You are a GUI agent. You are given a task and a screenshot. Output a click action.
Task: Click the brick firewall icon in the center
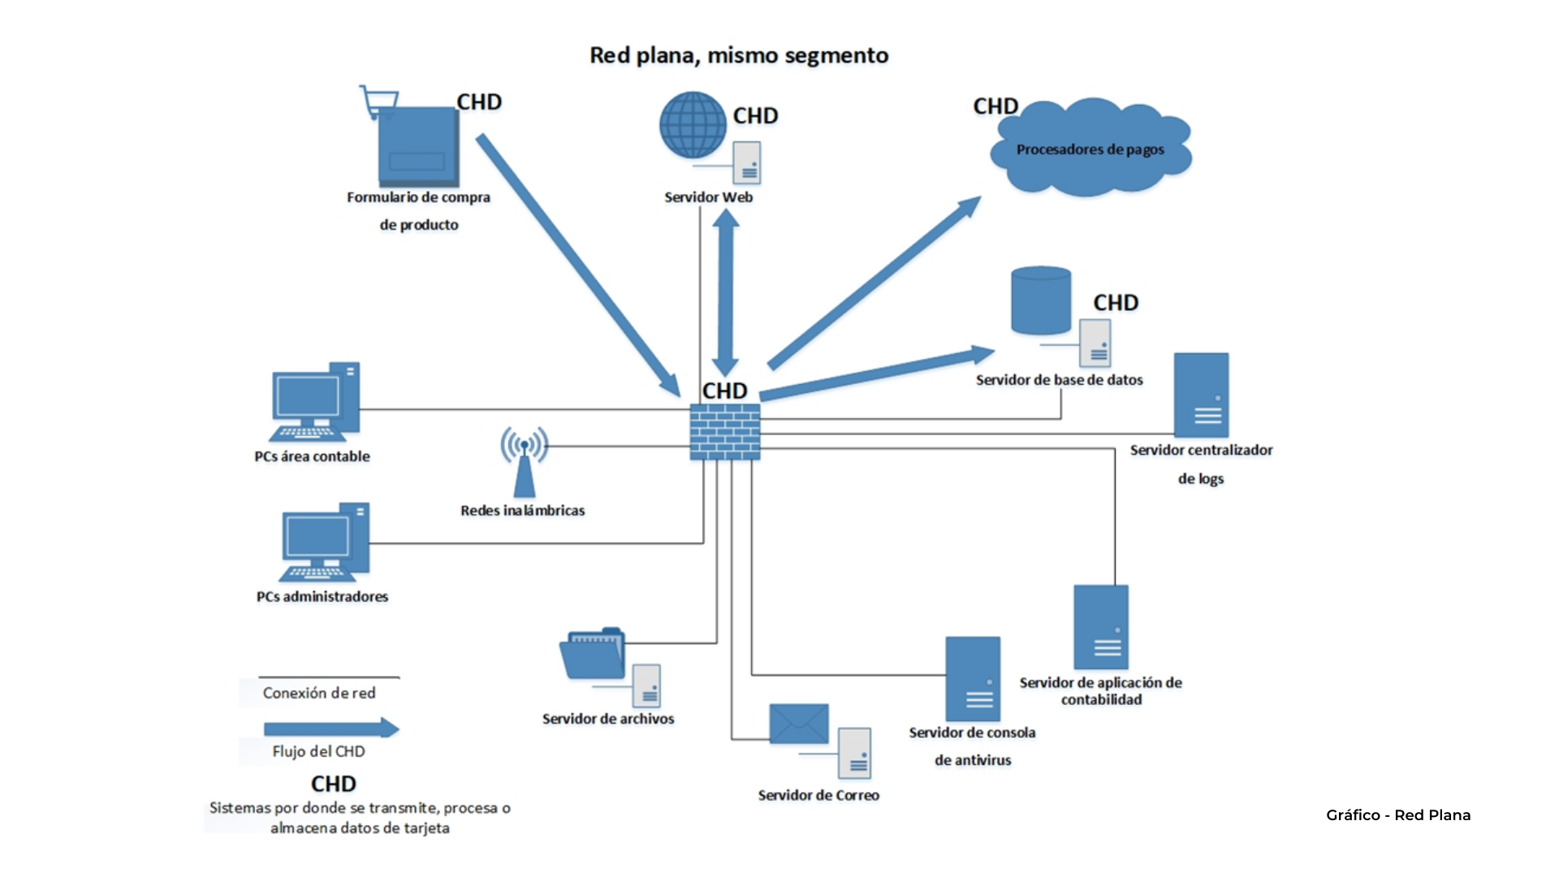pyautogui.click(x=725, y=431)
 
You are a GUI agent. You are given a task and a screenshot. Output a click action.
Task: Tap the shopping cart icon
pyautogui.click(x=379, y=102)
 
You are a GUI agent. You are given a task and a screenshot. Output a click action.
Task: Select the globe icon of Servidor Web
pyautogui.click(x=692, y=125)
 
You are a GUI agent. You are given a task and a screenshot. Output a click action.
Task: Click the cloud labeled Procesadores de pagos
pyautogui.click(x=1090, y=149)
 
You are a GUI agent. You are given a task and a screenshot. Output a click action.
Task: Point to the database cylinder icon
pyautogui.click(x=1040, y=300)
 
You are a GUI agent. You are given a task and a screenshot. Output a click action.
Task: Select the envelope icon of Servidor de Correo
pyautogui.click(x=799, y=724)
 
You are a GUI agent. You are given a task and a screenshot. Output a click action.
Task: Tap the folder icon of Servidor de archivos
pyautogui.click(x=592, y=654)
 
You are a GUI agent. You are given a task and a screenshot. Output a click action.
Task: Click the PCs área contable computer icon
pyautogui.click(x=315, y=402)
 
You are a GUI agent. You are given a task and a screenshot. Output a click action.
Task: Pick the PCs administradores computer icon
pyautogui.click(x=325, y=542)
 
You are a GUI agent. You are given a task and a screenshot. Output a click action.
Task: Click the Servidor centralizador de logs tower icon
pyautogui.click(x=1201, y=395)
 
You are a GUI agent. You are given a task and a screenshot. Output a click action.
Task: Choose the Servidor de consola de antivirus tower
pyautogui.click(x=973, y=678)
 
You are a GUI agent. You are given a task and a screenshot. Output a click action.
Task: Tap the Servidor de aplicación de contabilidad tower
pyautogui.click(x=1101, y=627)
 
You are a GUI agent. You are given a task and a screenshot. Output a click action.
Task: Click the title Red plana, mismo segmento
pyautogui.click(x=739, y=55)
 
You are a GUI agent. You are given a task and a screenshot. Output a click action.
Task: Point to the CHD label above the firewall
pyautogui.click(x=724, y=391)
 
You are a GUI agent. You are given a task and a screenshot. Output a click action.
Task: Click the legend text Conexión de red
pyautogui.click(x=319, y=693)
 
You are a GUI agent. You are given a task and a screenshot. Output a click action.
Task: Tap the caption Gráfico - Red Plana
pyautogui.click(x=1398, y=814)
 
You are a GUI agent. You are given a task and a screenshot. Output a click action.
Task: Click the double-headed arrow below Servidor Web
pyautogui.click(x=725, y=292)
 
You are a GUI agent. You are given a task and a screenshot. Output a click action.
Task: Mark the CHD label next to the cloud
pyautogui.click(x=995, y=106)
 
